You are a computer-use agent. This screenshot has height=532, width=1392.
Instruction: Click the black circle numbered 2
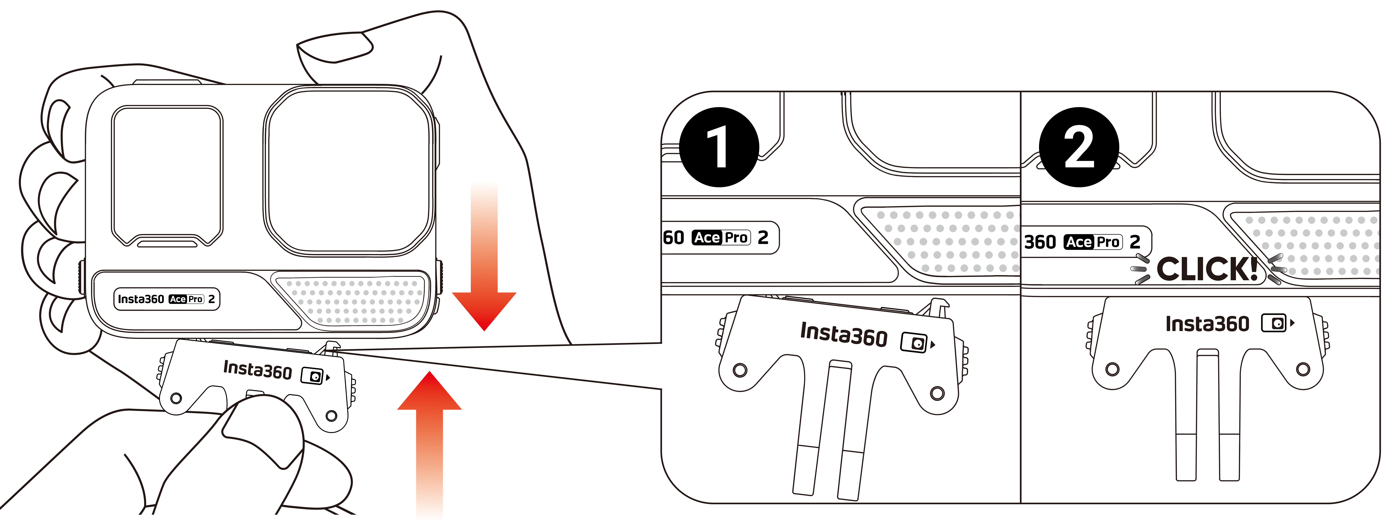1079,147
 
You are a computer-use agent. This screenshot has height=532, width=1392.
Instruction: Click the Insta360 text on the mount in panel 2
1207,324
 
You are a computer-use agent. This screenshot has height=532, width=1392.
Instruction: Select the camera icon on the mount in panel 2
1274,323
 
